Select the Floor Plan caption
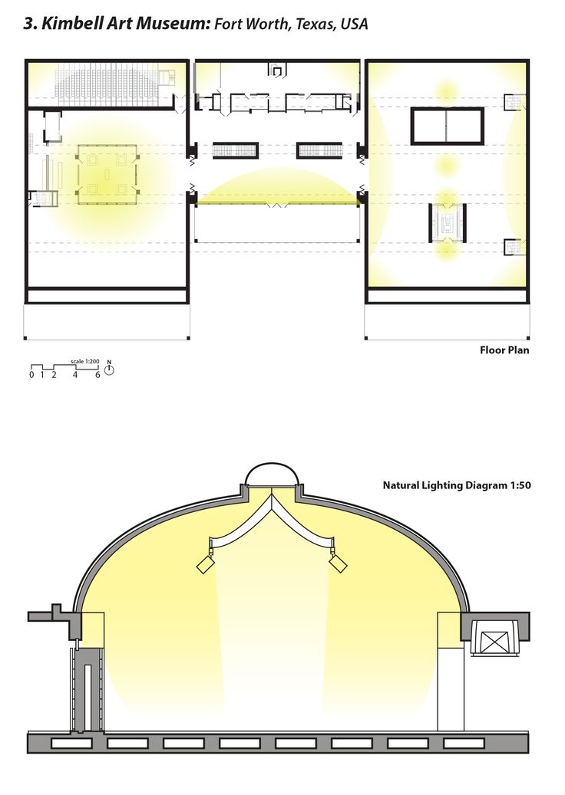pos(504,350)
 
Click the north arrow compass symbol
pos(109,370)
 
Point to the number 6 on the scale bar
pos(98,375)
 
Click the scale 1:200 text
pos(84,362)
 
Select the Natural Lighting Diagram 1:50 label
pos(456,485)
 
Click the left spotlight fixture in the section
pos(206,563)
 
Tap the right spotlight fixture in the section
pos(338,563)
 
